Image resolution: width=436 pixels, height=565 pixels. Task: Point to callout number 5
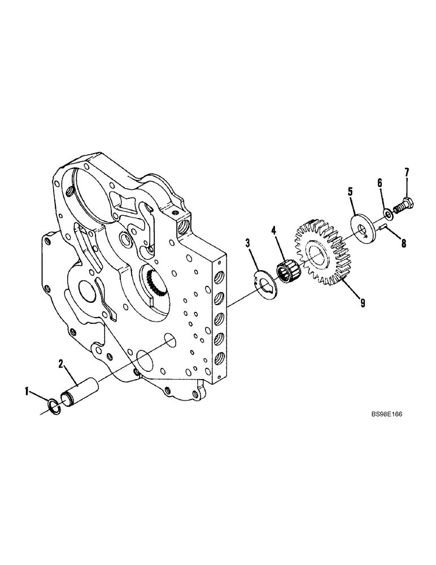pos(350,193)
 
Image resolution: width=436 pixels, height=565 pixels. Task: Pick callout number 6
pos(380,183)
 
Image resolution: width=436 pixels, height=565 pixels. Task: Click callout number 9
pos(362,303)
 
